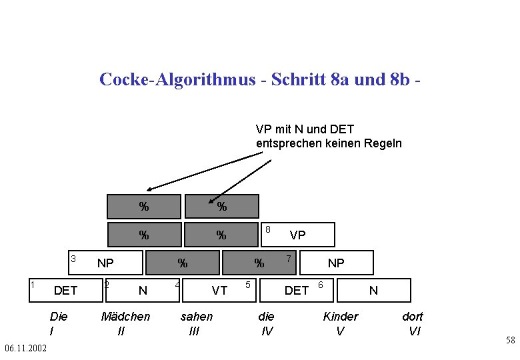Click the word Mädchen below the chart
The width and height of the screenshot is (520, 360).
[125, 316]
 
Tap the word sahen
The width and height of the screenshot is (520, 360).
[197, 316]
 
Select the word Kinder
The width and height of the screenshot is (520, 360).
[340, 316]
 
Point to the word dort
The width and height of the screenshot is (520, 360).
[412, 316]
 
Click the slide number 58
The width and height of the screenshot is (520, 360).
[510, 341]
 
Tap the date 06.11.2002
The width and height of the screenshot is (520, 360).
[25, 348]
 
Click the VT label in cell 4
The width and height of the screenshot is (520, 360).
[219, 290]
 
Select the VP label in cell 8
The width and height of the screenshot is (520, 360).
[297, 235]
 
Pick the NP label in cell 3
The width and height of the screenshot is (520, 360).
[105, 263]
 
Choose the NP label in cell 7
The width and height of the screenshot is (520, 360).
[336, 263]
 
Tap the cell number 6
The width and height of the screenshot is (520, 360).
[320, 285]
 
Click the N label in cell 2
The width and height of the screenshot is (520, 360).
[142, 290]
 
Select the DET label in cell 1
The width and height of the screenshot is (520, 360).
[65, 290]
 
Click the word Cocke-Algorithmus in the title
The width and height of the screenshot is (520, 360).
[177, 79]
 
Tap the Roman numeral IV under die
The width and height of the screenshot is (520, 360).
[267, 331]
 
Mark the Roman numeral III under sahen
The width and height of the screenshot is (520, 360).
[194, 331]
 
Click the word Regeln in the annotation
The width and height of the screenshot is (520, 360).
[383, 143]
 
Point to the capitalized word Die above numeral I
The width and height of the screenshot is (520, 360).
[59, 316]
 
